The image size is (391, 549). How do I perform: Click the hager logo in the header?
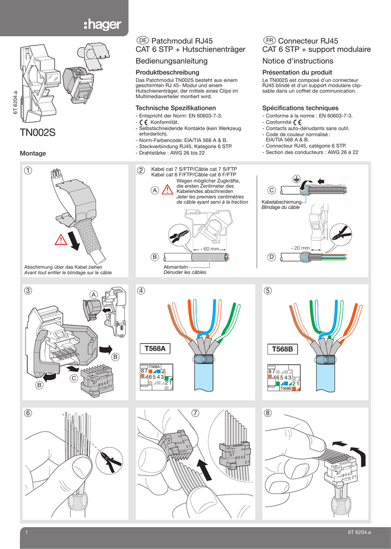tap(102, 24)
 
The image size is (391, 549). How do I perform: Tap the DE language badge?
tap(142, 41)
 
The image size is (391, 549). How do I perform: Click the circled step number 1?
tap(27, 171)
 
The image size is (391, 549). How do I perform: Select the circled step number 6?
tap(27, 413)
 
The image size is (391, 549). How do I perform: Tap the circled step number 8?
tap(268, 413)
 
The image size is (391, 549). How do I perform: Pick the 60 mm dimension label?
tap(210, 249)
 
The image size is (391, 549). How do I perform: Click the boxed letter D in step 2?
tap(271, 257)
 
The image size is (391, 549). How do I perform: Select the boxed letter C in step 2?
tap(271, 190)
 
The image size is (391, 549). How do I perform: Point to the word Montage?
tap(33, 154)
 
